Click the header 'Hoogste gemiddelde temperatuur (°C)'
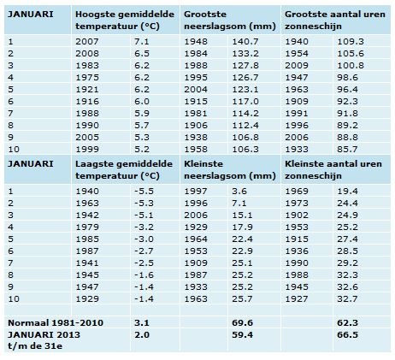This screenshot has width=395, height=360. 125,21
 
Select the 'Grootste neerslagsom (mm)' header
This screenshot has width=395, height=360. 230,21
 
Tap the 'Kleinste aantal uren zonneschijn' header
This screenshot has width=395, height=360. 333,169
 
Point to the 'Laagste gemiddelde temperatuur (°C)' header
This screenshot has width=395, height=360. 124,169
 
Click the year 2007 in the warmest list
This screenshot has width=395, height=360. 87,42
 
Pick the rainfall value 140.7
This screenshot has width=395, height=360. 245,42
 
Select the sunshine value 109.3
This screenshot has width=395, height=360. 351,42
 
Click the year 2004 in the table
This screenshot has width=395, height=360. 196,90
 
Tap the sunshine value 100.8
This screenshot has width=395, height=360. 351,66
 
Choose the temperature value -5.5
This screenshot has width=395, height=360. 144,192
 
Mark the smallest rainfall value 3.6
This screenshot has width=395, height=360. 239,192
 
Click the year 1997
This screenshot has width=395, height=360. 196,192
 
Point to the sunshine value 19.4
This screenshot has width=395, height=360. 347,192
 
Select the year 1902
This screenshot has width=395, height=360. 297,215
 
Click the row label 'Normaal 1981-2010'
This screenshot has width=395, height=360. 56,323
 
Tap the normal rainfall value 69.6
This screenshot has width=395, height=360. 242,323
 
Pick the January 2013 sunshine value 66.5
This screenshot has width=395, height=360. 347,335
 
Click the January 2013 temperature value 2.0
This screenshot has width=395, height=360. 142,335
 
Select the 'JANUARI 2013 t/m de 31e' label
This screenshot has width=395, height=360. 44,340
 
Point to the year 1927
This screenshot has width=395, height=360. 297,299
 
